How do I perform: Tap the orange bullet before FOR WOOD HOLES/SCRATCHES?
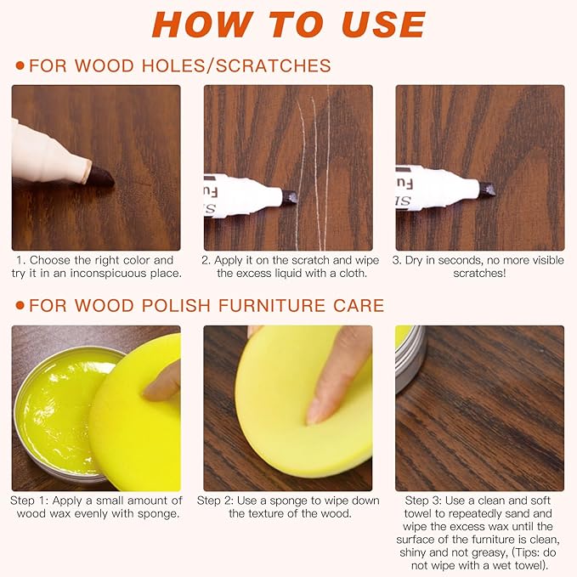click(20, 66)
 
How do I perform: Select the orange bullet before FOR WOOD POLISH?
click(20, 306)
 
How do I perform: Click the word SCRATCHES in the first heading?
click(273, 66)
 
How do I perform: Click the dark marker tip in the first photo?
click(101, 176)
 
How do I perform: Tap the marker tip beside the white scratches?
click(290, 197)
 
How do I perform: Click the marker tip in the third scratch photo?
click(487, 190)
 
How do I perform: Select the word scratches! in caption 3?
click(479, 274)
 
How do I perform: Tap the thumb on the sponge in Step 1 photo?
click(162, 382)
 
